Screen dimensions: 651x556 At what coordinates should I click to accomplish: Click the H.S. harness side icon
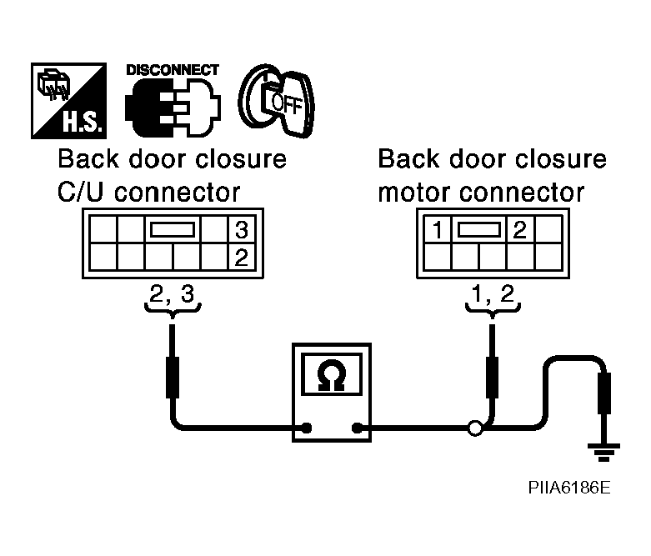pos(68,101)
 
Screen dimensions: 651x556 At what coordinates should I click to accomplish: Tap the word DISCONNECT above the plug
pos(173,70)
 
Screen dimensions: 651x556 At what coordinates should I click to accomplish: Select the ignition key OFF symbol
pos(277,101)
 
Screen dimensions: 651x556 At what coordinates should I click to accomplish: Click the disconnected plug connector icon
pos(173,108)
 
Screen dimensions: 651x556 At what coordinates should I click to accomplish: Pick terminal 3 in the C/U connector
pos(242,229)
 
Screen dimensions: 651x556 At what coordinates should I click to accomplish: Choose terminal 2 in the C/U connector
pos(242,257)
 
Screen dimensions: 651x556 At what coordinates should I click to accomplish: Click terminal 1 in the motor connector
pos(437,229)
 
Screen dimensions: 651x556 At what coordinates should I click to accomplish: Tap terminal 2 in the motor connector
pos(520,229)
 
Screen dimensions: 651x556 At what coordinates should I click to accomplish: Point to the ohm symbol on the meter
pos(331,375)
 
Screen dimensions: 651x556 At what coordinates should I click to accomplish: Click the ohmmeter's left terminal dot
pos(307,428)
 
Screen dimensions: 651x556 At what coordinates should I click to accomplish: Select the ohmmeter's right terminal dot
pos(357,428)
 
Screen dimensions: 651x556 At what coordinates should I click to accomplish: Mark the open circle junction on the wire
pos(475,428)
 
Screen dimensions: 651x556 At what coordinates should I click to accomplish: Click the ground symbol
pos(603,452)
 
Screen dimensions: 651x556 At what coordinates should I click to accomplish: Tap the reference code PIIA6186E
pos(569,488)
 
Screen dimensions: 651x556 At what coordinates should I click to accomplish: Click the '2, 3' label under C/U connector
pos(172,294)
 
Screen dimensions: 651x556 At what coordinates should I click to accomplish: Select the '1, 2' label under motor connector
pos(493,294)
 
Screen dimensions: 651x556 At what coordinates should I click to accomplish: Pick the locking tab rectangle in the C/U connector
pos(173,229)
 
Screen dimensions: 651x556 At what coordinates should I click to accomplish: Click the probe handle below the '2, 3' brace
pos(173,377)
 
